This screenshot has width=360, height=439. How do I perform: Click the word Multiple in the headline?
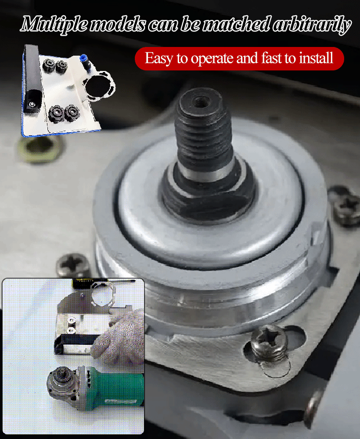pos(54,25)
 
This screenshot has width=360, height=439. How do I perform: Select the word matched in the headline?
pos(237,24)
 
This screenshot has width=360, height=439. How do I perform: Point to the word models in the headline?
pos(118,25)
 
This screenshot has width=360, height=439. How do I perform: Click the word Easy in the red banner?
pos(159,59)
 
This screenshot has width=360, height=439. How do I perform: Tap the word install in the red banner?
pos(316,58)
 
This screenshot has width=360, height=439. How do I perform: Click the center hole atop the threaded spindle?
pos(201,102)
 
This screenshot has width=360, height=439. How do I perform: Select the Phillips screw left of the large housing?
pos(73,265)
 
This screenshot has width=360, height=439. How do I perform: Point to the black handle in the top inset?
pos(33,79)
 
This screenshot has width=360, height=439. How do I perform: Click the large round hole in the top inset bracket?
pos(99,85)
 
